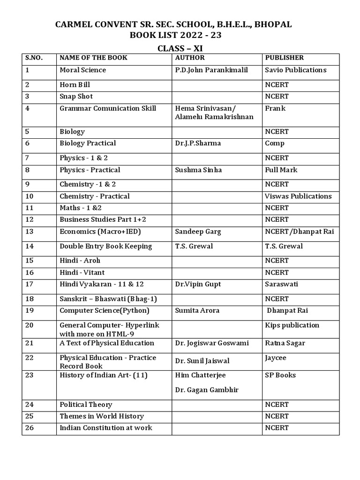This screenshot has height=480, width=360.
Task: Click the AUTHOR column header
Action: tap(190, 58)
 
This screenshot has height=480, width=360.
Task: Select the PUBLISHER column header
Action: tap(284, 58)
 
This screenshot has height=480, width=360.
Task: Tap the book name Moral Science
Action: tap(82, 70)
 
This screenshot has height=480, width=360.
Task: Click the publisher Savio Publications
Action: tap(295, 70)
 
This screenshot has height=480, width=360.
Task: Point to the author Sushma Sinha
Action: tap(198, 170)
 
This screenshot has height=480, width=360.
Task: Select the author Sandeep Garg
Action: tap(198, 232)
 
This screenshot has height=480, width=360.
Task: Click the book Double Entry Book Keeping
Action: tap(105, 246)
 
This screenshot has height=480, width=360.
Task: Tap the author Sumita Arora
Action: tap(197, 310)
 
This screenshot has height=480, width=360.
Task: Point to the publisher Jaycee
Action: tap(276, 358)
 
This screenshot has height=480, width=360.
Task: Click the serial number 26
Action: tap(30, 427)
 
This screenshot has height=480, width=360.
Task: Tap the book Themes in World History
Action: tap(102, 416)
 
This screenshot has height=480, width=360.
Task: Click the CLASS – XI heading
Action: tap(180, 49)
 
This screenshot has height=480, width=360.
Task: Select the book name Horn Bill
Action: tap(75, 85)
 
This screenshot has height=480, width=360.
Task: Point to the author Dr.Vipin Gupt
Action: tap(198, 284)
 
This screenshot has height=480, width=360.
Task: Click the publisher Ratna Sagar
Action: tap(285, 343)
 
